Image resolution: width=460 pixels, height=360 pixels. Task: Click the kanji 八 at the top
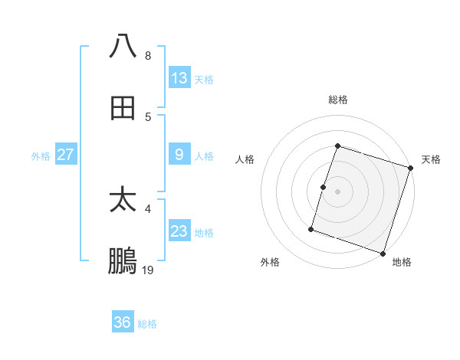tap(123, 47)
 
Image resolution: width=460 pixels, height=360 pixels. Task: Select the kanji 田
tap(123, 108)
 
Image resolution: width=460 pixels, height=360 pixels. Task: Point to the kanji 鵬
tap(123, 262)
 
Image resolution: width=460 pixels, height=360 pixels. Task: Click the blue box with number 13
tap(179, 77)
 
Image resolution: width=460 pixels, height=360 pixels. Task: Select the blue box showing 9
tap(179, 155)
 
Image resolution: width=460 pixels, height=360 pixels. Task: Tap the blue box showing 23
tap(179, 231)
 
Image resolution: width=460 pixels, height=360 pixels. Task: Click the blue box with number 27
tap(66, 155)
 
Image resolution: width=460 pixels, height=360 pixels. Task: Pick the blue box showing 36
tap(123, 322)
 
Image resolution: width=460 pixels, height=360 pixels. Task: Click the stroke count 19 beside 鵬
tap(148, 270)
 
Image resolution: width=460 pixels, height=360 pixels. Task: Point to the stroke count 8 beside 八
tap(148, 56)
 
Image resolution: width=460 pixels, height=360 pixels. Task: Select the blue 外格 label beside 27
tap(41, 155)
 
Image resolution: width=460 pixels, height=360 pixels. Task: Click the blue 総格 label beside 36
tap(147, 324)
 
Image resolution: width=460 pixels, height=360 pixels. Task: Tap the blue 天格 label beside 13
tap(204, 79)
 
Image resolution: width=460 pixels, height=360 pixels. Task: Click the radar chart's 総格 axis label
tap(338, 100)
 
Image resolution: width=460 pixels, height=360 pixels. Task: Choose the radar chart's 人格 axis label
tap(245, 159)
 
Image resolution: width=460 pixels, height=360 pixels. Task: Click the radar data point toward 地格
tap(383, 253)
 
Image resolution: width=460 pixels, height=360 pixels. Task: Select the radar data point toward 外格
tap(311, 228)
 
